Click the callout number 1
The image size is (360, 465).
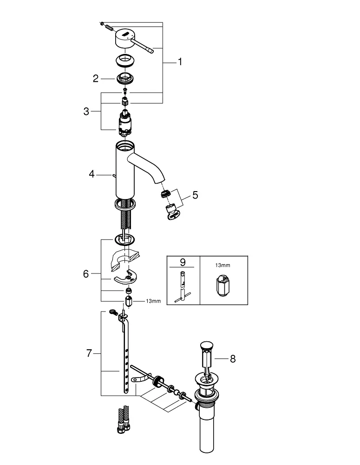click(x=180, y=62)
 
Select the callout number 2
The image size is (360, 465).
click(x=95, y=79)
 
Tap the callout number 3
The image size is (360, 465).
click(x=86, y=111)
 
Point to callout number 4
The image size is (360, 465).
click(x=92, y=174)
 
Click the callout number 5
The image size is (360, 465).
click(x=195, y=195)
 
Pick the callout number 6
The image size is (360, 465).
click(x=86, y=273)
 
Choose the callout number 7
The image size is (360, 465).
click(x=89, y=353)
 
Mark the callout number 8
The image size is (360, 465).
click(x=233, y=359)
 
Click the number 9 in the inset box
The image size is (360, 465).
click(x=183, y=262)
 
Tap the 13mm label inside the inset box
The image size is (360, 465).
click(x=223, y=265)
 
